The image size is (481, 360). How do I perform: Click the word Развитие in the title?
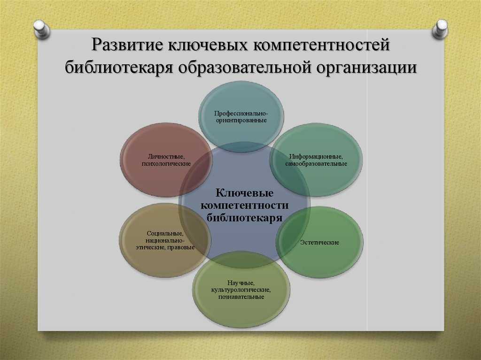(x=127, y=45)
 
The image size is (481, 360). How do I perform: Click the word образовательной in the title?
(x=245, y=67)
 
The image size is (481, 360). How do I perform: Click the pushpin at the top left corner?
(x=42, y=30)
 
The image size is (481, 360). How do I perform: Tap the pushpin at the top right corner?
(x=440, y=29)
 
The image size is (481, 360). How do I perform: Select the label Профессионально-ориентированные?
(x=241, y=117)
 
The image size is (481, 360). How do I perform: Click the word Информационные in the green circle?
(x=316, y=157)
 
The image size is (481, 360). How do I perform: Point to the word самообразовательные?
(x=316, y=164)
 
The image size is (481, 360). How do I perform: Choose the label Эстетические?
(x=319, y=242)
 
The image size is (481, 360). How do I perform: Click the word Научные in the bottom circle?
(x=241, y=283)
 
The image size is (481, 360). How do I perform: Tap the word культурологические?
(x=241, y=290)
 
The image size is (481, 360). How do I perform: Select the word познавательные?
(x=241, y=297)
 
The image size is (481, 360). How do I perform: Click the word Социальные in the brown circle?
(x=165, y=234)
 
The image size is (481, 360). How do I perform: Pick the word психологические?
(x=166, y=164)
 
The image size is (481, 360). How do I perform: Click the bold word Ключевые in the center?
(x=244, y=193)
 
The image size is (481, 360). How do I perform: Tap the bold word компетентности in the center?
(x=244, y=205)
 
